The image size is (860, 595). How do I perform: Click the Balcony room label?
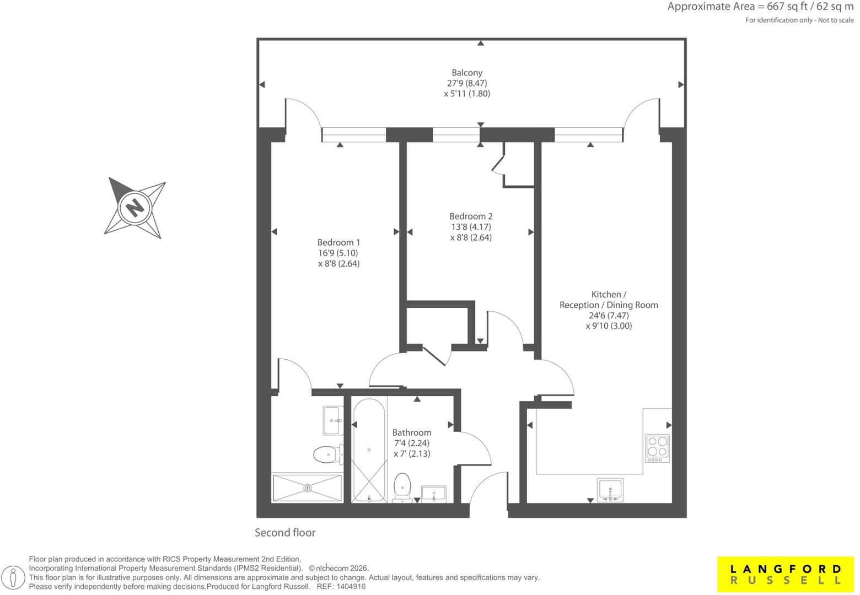467,73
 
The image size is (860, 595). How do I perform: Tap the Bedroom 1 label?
338,242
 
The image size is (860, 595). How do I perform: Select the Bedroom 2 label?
471,217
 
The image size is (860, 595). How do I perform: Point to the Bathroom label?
412,432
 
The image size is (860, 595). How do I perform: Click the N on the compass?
135,208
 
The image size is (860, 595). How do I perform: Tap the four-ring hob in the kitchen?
657,448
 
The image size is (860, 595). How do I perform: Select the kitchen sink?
610,490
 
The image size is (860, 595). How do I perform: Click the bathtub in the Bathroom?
369,450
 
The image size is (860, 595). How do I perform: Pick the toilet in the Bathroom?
402,487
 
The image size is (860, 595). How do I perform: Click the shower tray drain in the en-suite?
307,488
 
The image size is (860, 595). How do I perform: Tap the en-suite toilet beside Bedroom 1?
328,455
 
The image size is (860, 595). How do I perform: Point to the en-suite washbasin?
333,420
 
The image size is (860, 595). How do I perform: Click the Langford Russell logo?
786,574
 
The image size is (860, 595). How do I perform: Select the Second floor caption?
285,532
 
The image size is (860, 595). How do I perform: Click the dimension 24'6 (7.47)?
609,315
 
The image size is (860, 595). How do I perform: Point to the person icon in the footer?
13,577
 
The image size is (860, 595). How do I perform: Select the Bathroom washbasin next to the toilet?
434,494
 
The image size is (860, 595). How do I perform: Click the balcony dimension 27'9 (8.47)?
467,83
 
